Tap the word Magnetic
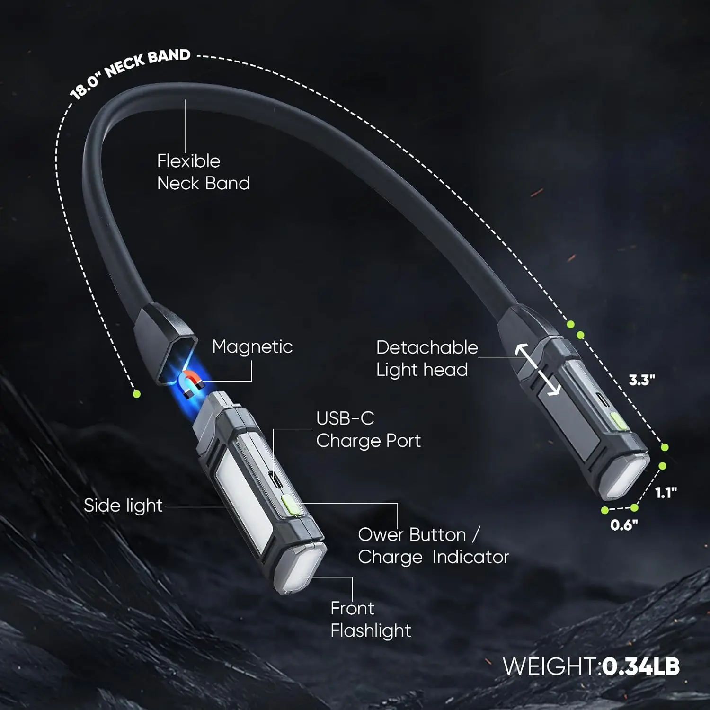[x=252, y=347]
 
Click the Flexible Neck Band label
[x=204, y=172]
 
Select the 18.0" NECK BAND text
[x=130, y=73]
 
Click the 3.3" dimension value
[x=642, y=380]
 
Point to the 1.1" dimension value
[x=666, y=493]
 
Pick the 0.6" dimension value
[x=624, y=524]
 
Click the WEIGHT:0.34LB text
[x=591, y=666]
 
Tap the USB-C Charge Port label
[x=368, y=430]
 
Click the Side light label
[x=123, y=506]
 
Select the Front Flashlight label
[x=371, y=620]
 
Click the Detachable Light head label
[x=427, y=359]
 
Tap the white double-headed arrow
[x=538, y=370]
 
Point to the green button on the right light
[x=619, y=421]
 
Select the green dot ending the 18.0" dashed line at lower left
[x=137, y=394]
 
